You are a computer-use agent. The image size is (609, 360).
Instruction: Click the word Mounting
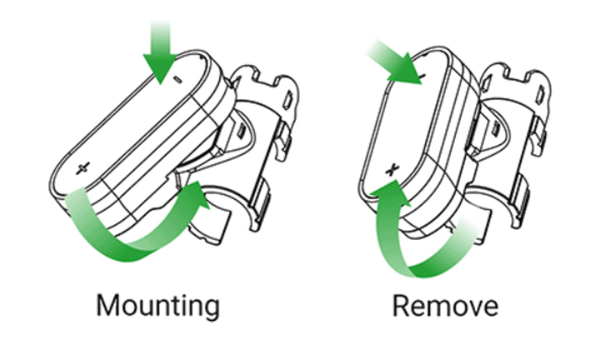pos(158,307)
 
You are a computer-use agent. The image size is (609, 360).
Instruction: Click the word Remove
pos(445,306)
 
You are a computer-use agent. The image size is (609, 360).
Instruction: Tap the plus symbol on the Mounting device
pos(82,168)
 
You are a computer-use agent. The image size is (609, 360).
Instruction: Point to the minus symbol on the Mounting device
pos(178,80)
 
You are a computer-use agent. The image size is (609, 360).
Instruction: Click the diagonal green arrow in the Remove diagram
pos(396,62)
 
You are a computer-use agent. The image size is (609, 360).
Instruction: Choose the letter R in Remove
pos(400,306)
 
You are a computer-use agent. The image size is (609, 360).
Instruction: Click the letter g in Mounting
pos(211,310)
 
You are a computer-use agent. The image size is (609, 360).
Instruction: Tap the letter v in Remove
pos(470,308)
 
